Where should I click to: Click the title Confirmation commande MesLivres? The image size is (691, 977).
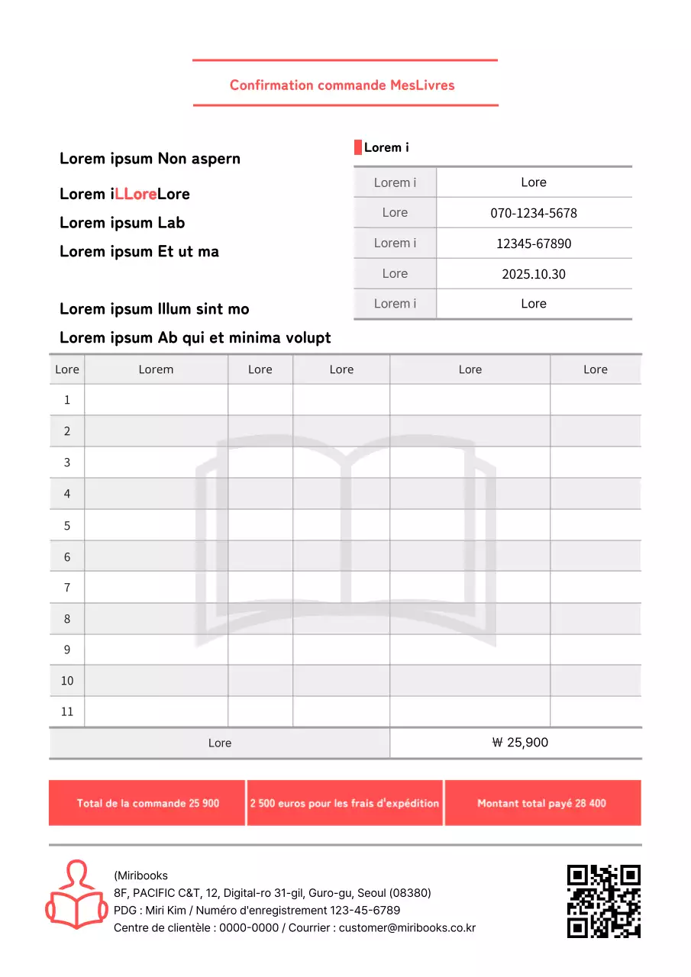[x=342, y=85]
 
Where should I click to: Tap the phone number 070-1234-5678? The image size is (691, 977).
[x=533, y=213]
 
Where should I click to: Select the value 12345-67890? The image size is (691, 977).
[x=533, y=243]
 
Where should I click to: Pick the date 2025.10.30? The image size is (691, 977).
[x=533, y=274]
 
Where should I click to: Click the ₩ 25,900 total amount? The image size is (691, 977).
[x=520, y=743]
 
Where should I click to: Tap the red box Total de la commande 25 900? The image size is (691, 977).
[x=147, y=803]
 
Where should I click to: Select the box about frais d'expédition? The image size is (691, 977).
[x=344, y=803]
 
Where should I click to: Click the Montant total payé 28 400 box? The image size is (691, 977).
[x=542, y=803]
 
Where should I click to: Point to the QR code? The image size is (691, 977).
[x=603, y=901]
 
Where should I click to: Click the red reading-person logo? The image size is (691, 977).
[x=76, y=895]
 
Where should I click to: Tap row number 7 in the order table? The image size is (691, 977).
[x=67, y=587]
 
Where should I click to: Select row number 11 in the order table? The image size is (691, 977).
[x=67, y=711]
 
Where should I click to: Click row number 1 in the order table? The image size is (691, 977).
[x=67, y=400]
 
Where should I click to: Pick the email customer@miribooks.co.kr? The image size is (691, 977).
[x=407, y=928]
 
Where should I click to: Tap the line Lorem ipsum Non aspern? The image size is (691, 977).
[x=150, y=159]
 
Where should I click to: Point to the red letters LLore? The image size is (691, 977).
[x=136, y=194]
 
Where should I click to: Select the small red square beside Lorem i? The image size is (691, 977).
[x=357, y=147]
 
